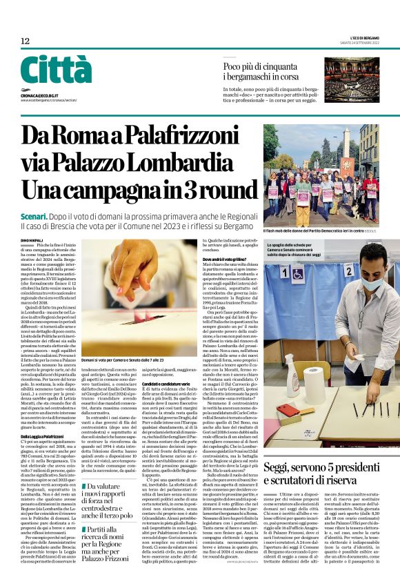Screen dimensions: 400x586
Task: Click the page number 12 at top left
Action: coord(25,41)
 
